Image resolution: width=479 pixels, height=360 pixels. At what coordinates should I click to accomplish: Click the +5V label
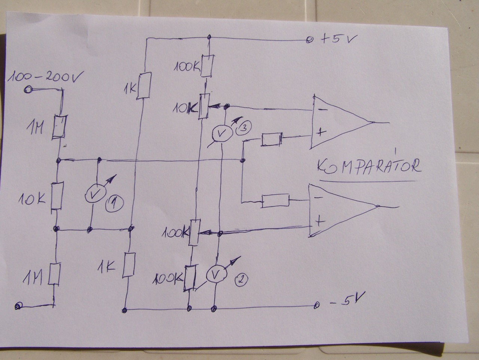click(x=335, y=39)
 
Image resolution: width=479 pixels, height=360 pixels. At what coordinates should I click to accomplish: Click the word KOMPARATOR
click(x=369, y=166)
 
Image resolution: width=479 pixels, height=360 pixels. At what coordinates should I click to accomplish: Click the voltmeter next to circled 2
click(x=215, y=274)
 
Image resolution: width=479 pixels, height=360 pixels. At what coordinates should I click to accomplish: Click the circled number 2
click(x=241, y=279)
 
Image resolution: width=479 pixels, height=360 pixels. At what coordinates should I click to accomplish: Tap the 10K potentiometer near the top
click(x=203, y=106)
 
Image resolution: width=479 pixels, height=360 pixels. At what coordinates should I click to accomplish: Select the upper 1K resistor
click(x=144, y=86)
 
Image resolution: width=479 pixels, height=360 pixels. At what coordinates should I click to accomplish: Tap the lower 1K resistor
click(x=129, y=265)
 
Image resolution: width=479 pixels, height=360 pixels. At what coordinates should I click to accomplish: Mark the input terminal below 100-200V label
click(x=27, y=89)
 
